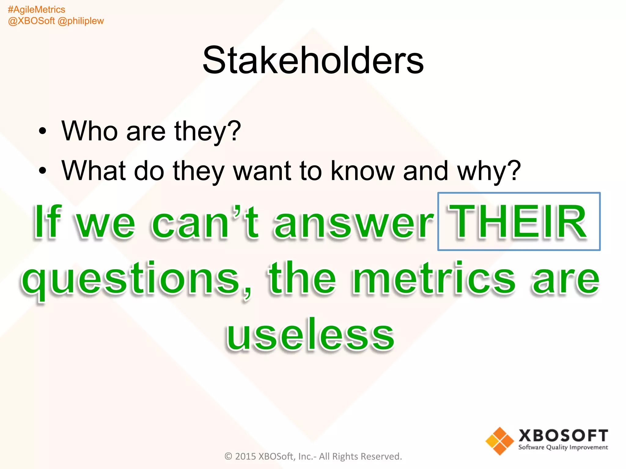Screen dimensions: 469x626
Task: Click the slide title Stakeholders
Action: coord(313,60)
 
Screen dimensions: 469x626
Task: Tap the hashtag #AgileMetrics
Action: coord(36,10)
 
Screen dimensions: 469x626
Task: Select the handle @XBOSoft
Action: coord(31,21)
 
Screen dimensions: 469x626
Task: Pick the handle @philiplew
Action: coord(81,21)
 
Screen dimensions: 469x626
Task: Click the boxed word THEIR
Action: coord(519,221)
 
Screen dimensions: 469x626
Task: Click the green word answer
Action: coord(354,222)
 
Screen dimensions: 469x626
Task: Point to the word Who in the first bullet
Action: coord(90,131)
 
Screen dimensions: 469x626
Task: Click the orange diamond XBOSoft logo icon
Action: coord(499,441)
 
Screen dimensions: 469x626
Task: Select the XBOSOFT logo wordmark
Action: coord(563,436)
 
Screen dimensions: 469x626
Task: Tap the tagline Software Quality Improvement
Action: coord(563,448)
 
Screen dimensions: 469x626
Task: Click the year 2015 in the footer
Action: coord(245,456)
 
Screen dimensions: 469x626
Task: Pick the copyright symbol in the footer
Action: coord(228,456)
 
